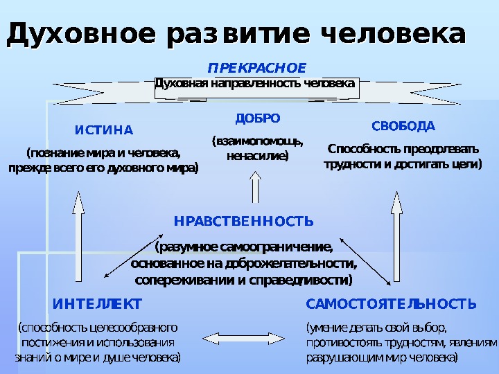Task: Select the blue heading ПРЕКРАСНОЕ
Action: point(257,68)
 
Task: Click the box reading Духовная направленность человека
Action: point(255,84)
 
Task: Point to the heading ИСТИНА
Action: point(103,130)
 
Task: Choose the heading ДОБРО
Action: point(257,118)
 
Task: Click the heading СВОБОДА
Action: point(403,126)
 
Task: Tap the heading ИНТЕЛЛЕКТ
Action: point(97,304)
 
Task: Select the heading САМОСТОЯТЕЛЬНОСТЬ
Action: point(391,304)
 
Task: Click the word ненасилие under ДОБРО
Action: point(257,156)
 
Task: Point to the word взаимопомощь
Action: point(257,141)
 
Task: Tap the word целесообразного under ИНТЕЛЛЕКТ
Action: point(132,326)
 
